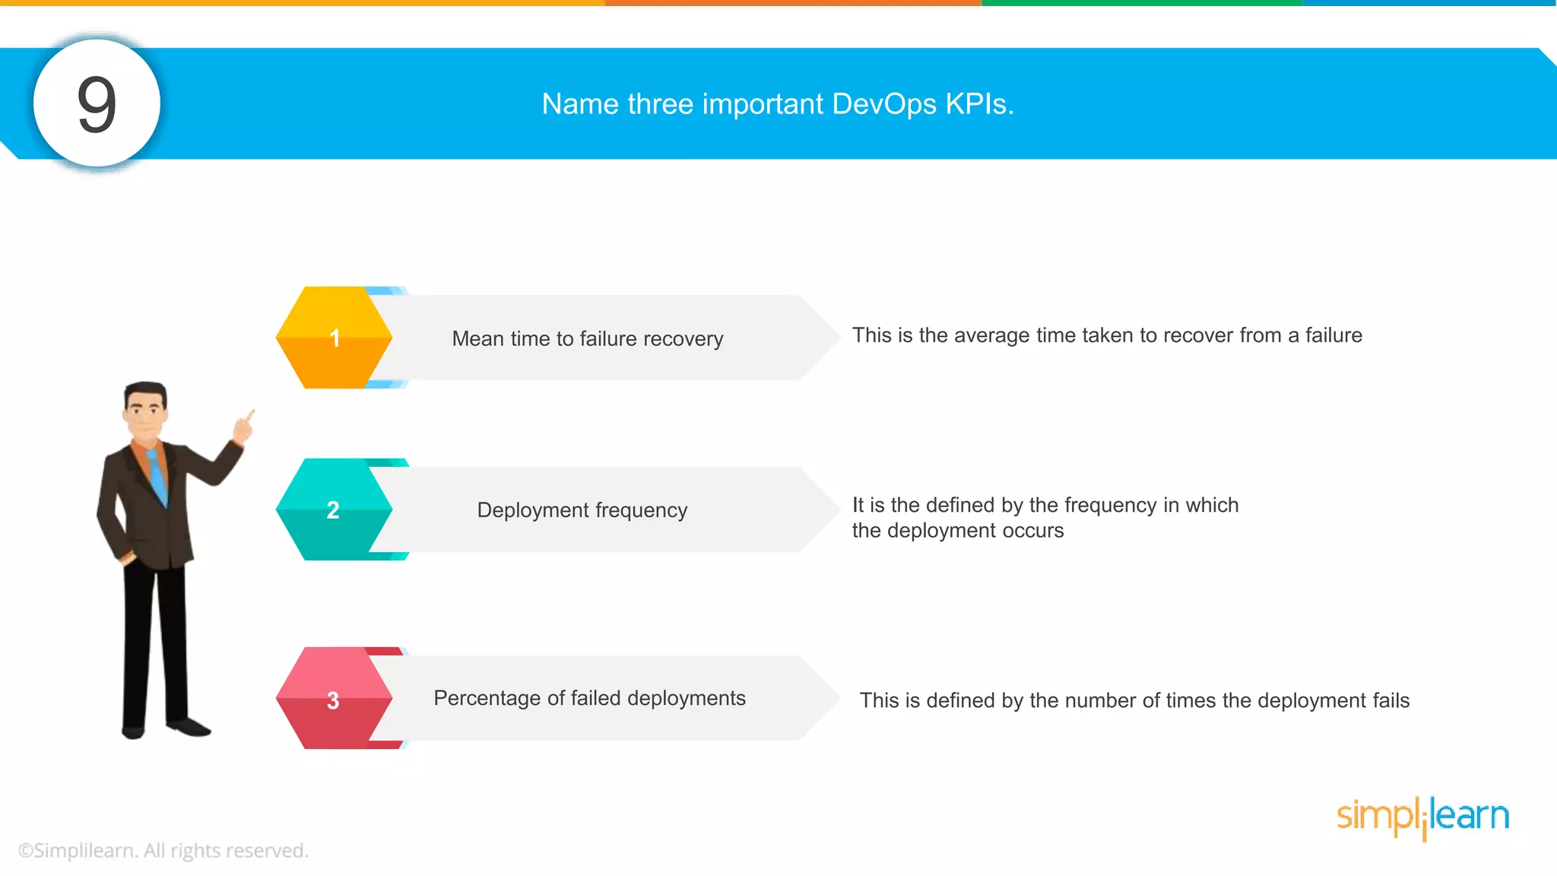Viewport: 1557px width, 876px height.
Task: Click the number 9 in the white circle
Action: pos(97,104)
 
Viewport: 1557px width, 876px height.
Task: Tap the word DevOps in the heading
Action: pos(884,104)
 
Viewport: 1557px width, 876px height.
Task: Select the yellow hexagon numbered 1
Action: pos(334,338)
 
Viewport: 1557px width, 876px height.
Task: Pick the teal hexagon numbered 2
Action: pos(333,509)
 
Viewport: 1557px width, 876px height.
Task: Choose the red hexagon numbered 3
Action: pos(333,700)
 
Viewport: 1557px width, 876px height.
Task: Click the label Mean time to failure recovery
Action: pos(587,338)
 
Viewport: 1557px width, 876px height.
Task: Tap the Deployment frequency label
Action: pos(582,509)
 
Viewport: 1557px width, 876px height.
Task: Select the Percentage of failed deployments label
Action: pos(589,698)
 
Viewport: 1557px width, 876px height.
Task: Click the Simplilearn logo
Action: pos(1422,817)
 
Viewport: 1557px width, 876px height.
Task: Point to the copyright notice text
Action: pos(163,850)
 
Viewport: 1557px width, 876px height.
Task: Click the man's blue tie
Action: pos(157,475)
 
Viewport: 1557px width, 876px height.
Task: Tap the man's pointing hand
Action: pos(244,427)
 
